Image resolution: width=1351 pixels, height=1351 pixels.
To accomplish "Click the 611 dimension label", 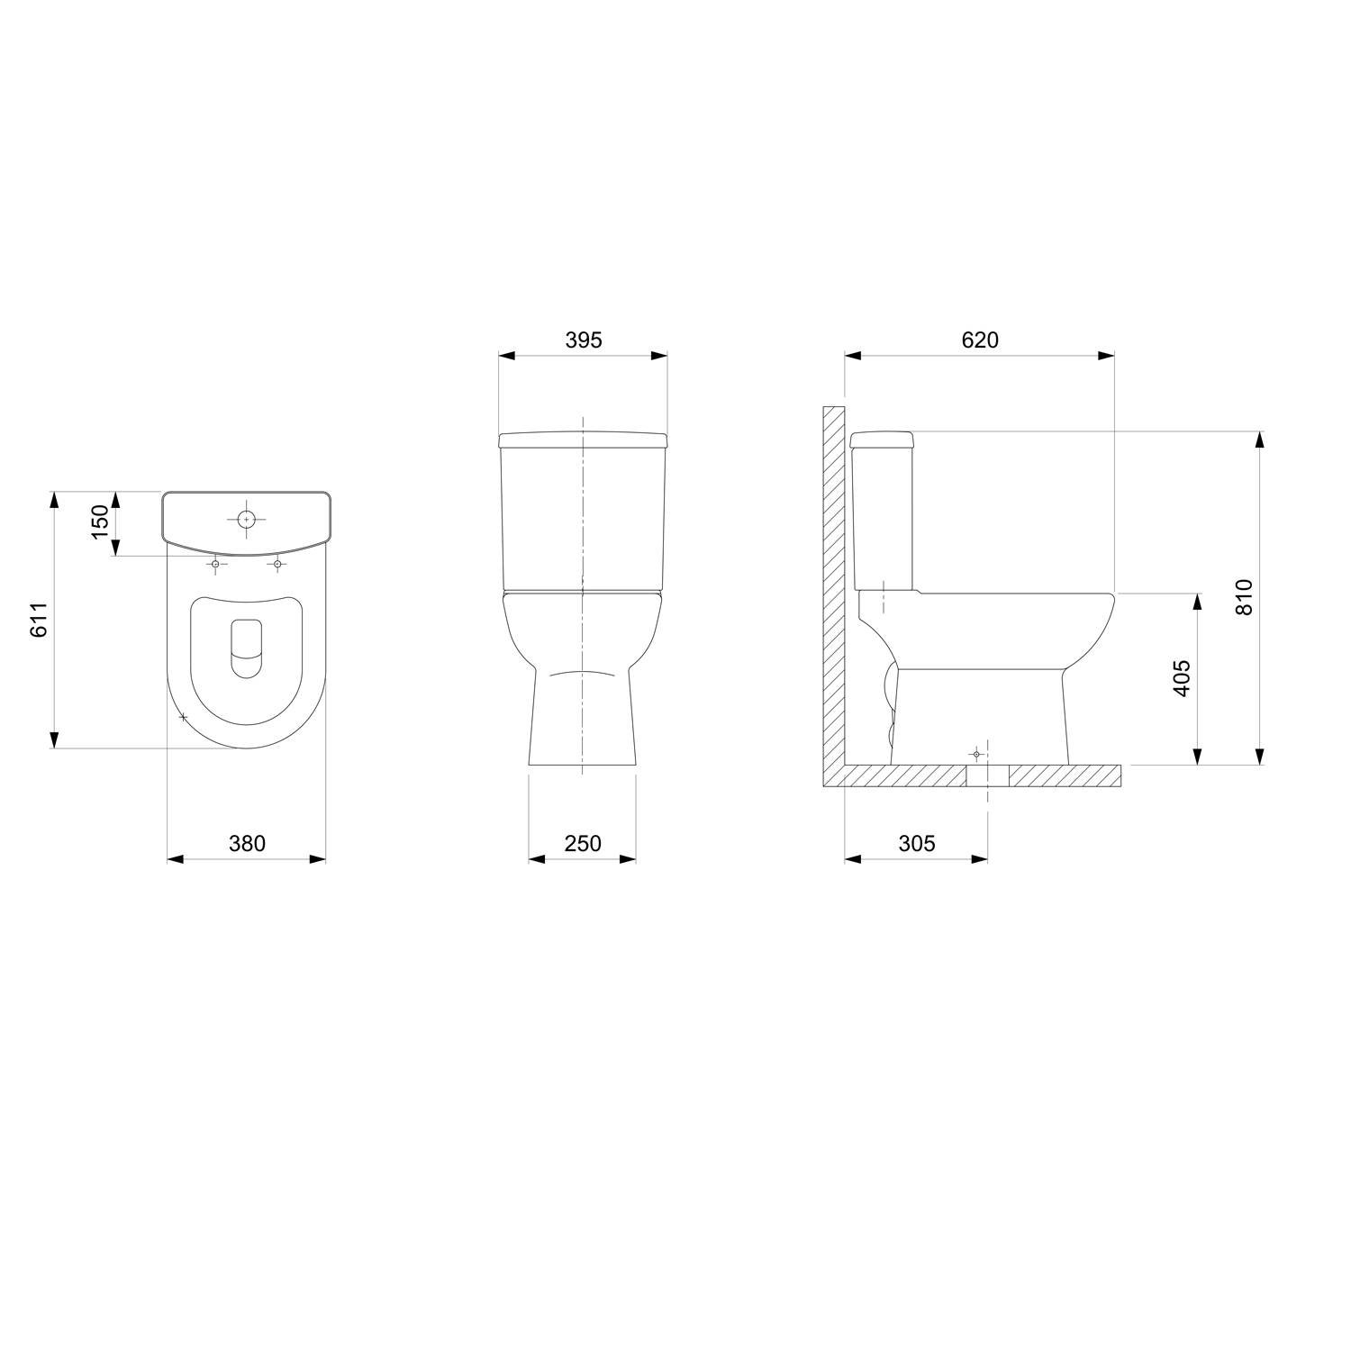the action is (x=39, y=619).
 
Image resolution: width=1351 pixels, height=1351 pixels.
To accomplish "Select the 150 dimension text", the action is (x=100, y=522).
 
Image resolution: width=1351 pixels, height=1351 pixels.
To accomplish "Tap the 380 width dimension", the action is (x=247, y=843).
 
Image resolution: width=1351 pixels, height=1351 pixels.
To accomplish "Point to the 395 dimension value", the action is (x=584, y=340).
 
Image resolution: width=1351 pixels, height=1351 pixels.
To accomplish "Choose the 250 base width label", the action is (x=583, y=843).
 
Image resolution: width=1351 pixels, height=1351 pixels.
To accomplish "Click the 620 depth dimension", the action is (x=980, y=340).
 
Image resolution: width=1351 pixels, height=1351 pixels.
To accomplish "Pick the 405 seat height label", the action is (x=1183, y=678).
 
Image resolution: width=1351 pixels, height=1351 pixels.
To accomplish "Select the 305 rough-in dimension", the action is (x=917, y=843).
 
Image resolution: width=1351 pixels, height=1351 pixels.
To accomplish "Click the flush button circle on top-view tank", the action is (x=246, y=520).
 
